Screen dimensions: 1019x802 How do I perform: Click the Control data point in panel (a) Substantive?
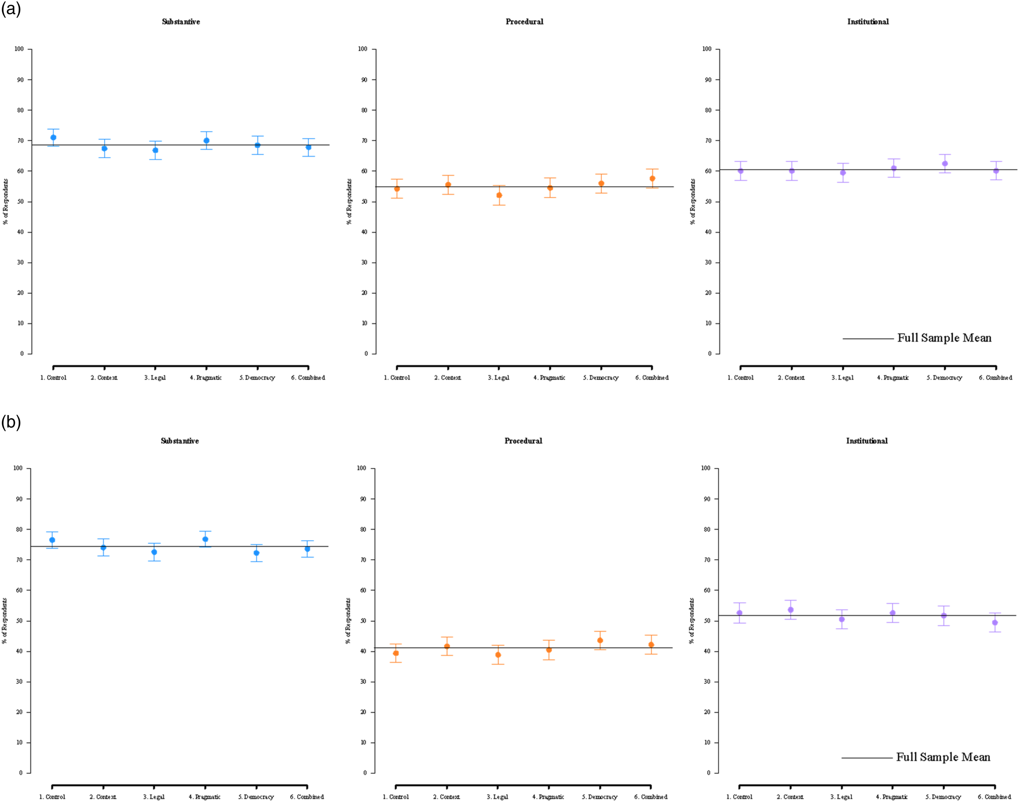tap(53, 137)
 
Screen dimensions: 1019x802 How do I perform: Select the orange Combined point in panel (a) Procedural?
tap(652, 179)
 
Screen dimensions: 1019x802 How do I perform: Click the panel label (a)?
tap(11, 9)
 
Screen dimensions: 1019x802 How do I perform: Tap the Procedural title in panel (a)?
tap(524, 22)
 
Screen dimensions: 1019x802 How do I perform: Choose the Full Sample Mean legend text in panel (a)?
tap(944, 338)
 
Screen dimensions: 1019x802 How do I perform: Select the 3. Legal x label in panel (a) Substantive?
tap(155, 377)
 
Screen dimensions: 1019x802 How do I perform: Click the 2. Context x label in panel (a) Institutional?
tap(791, 377)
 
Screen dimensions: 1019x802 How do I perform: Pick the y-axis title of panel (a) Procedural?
tap(349, 202)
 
